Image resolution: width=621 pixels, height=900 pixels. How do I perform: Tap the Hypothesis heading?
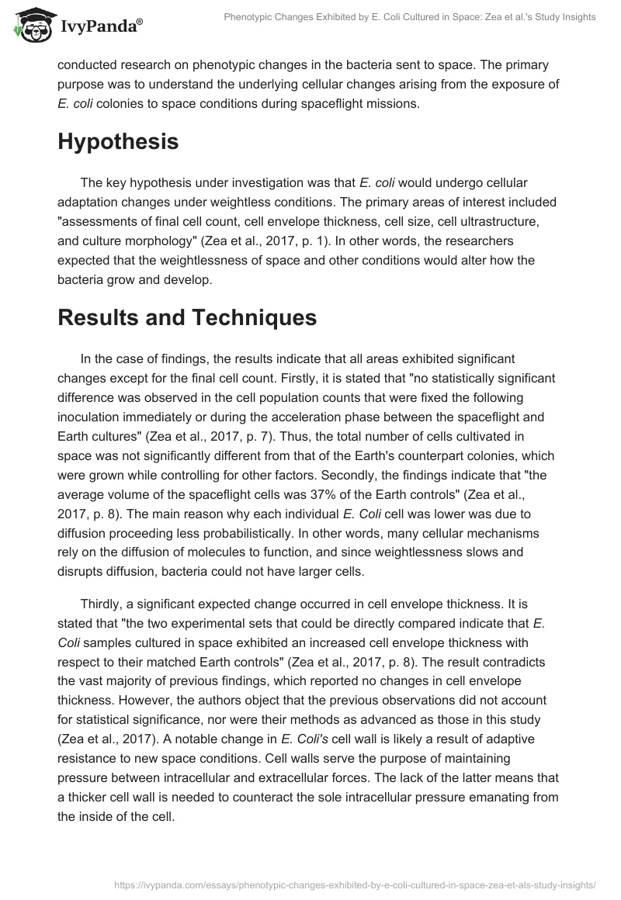pyautogui.click(x=118, y=142)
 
